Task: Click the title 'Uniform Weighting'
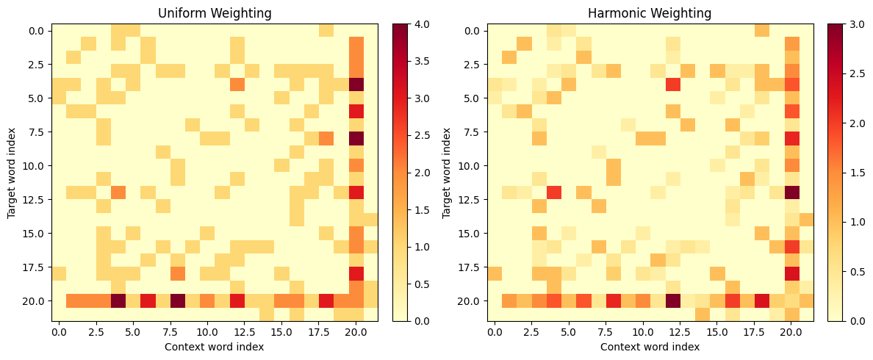[215, 12]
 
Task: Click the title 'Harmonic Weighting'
[650, 12]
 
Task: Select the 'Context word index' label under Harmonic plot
[650, 347]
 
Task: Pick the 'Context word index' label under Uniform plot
[215, 347]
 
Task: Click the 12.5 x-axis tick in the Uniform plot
[245, 331]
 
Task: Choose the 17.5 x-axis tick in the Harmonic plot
[755, 331]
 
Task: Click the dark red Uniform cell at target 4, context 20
[356, 84]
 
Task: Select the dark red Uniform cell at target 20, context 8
[178, 300]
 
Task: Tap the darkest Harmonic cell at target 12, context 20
[791, 192]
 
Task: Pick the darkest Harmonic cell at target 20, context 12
[672, 300]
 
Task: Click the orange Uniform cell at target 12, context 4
[118, 192]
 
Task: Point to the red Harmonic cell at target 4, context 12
[672, 84]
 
